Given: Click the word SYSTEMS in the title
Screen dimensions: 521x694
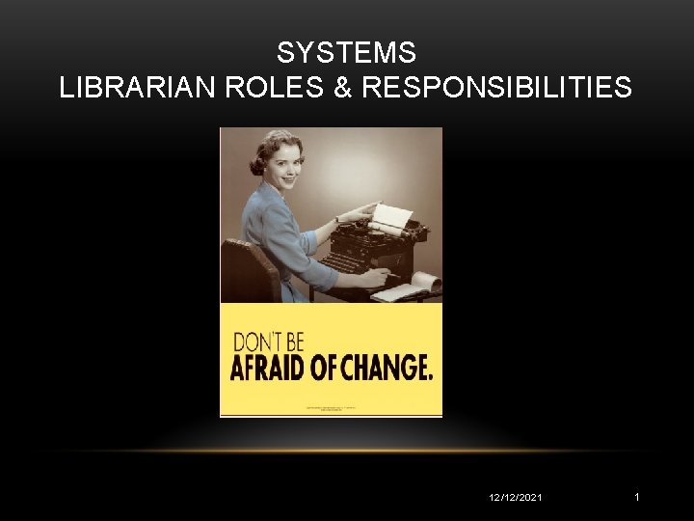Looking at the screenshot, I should tap(346, 52).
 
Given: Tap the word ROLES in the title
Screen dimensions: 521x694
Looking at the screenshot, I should tap(251, 89).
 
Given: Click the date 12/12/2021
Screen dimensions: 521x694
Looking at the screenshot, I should tap(517, 497).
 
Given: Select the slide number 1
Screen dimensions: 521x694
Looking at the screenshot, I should tap(637, 497).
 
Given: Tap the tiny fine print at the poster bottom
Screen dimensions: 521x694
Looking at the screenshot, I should tap(332, 408).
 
